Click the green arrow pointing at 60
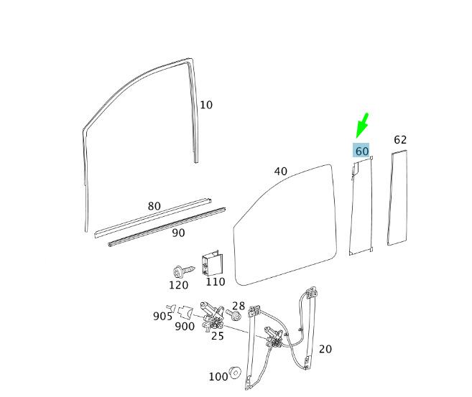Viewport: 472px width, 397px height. coord(362,126)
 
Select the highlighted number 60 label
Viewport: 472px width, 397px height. coord(361,151)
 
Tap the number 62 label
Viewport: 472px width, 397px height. coord(400,140)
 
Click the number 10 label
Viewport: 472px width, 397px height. coord(206,105)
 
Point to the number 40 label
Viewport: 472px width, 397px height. coord(280,172)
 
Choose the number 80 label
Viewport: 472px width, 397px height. coord(154,206)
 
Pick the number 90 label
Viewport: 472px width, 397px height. coord(178,233)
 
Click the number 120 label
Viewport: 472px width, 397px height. coord(178,285)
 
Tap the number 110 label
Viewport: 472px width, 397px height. coord(215,281)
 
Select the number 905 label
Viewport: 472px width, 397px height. coord(162,316)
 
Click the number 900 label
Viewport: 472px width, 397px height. coord(185,326)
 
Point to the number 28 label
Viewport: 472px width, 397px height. coord(239,306)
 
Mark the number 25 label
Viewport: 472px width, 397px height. coord(217,335)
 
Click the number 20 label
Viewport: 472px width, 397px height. coord(325,349)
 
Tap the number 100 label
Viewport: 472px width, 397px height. coord(218,376)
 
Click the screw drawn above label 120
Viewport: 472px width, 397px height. coord(181,271)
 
